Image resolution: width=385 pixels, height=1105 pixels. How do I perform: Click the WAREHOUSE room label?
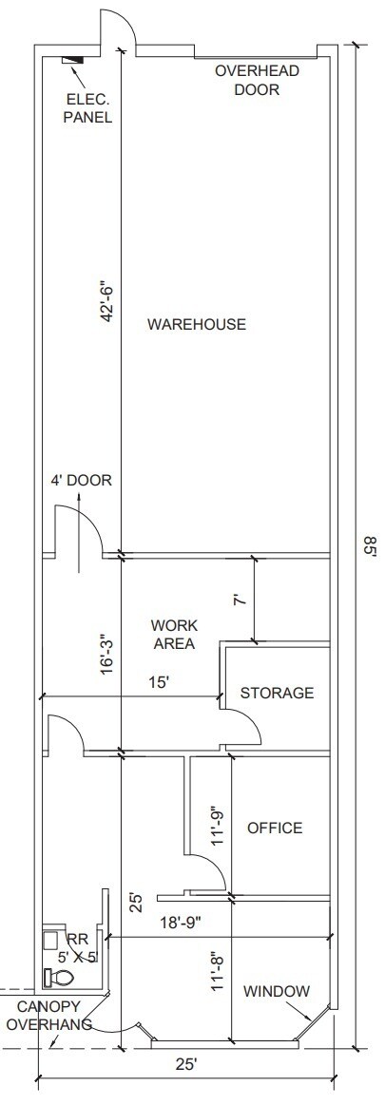click(x=196, y=325)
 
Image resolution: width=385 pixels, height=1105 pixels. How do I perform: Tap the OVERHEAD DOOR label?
click(x=257, y=81)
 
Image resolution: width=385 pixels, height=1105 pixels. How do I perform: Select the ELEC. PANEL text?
click(x=88, y=109)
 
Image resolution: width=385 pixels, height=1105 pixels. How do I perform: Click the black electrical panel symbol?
click(x=71, y=61)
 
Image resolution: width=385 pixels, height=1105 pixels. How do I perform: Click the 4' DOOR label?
click(x=82, y=481)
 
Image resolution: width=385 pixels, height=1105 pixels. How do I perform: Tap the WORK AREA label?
click(x=174, y=635)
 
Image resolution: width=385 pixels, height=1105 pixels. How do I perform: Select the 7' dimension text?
click(x=241, y=600)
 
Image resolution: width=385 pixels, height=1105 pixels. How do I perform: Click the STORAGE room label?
click(x=277, y=694)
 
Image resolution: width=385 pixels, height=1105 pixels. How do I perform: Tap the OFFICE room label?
click(x=275, y=829)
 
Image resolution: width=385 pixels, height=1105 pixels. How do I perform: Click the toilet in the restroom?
click(x=60, y=976)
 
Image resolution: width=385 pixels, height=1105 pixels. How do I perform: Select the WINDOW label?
click(x=277, y=992)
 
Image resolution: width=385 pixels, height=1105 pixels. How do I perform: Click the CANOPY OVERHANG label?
click(x=48, y=1016)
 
